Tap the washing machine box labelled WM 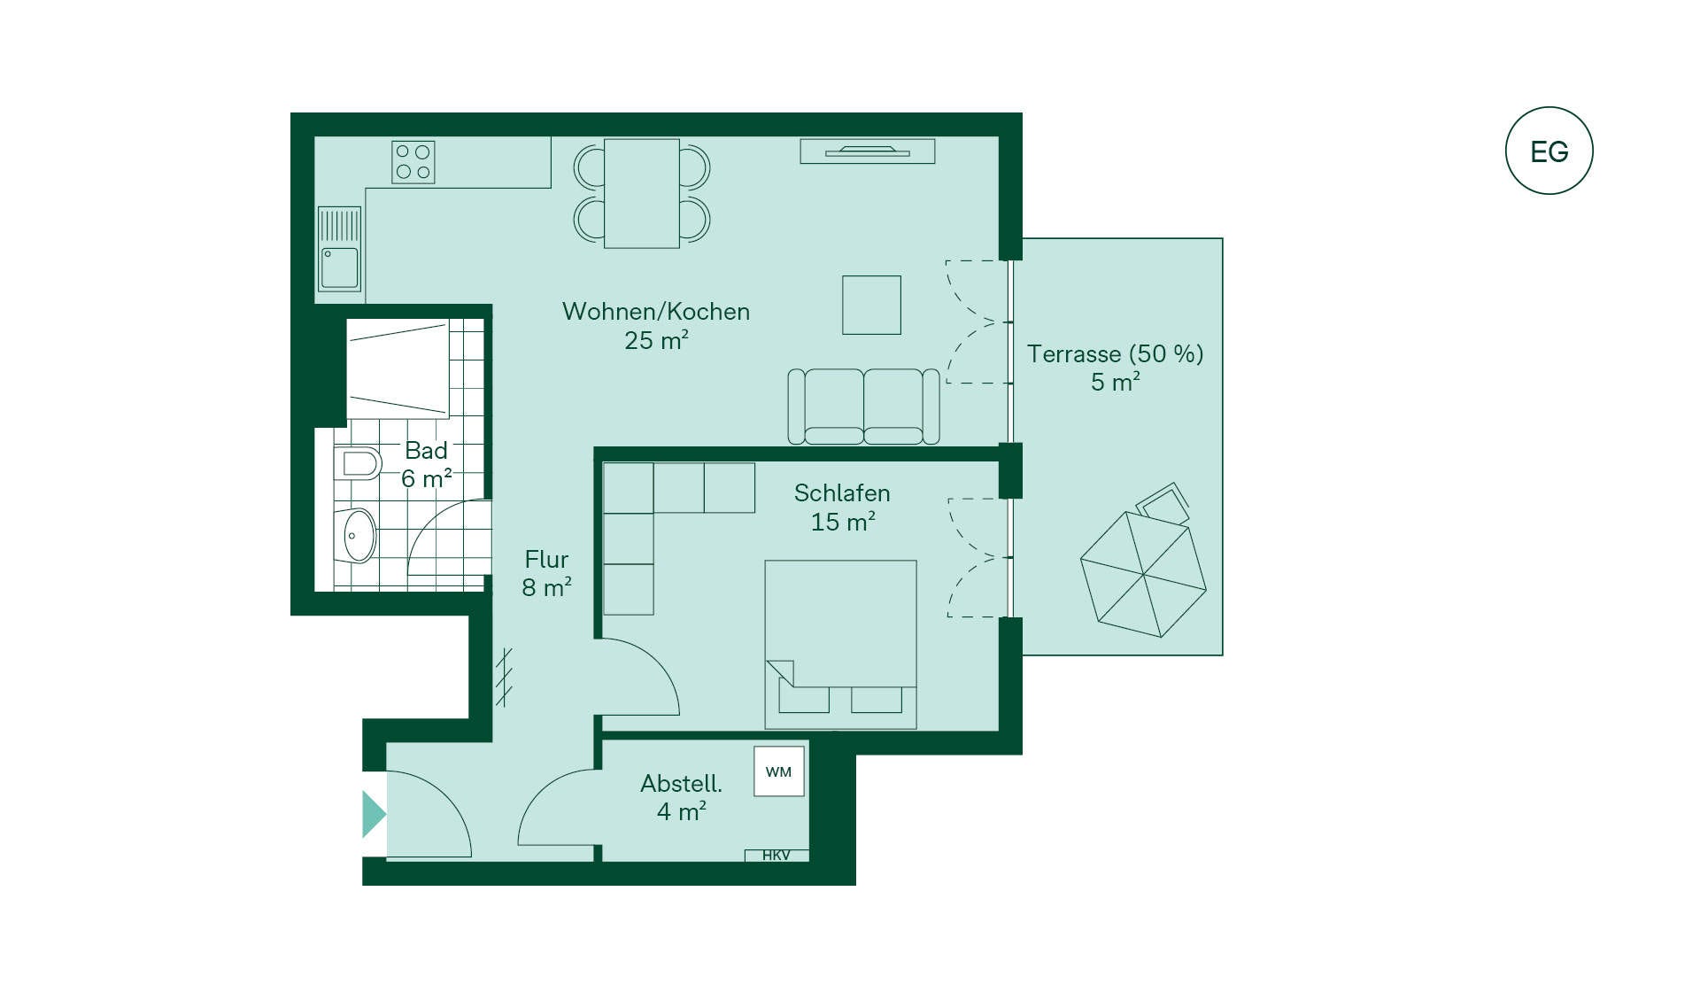[779, 771]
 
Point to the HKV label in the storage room [777, 855]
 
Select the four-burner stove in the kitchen [413, 162]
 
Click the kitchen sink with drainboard [339, 249]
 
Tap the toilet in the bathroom [358, 463]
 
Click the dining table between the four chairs [642, 193]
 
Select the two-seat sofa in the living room [863, 407]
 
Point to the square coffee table [871, 305]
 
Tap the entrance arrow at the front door [374, 814]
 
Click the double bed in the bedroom [840, 645]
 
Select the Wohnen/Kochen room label [656, 312]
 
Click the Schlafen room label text [842, 493]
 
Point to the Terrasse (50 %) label [1116, 354]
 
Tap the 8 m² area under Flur [546, 588]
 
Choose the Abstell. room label [681, 784]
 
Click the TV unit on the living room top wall [868, 151]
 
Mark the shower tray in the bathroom [398, 369]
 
